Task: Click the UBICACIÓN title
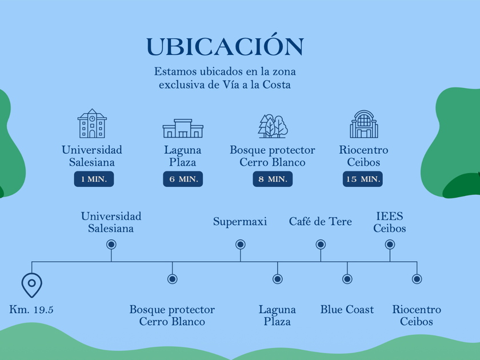[x=225, y=46]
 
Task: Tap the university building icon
[x=92, y=123]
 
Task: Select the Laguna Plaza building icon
[x=183, y=128]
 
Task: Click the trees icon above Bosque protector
[x=273, y=126]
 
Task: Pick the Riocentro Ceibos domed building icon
[x=363, y=124]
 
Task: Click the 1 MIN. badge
[x=94, y=179]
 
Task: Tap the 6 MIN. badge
[x=183, y=179]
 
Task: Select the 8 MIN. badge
[x=273, y=179]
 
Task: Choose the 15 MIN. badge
[x=363, y=179]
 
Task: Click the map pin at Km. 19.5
[x=31, y=283]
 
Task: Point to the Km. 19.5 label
[x=31, y=310]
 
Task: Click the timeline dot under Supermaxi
[x=241, y=245]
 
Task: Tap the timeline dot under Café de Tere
[x=321, y=245]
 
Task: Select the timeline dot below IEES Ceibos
[x=390, y=245]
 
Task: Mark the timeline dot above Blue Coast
[x=347, y=279]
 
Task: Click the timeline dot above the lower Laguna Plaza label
[x=277, y=279]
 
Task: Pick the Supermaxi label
[x=240, y=221]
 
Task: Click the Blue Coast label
[x=347, y=310]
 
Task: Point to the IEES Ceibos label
[x=390, y=222]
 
